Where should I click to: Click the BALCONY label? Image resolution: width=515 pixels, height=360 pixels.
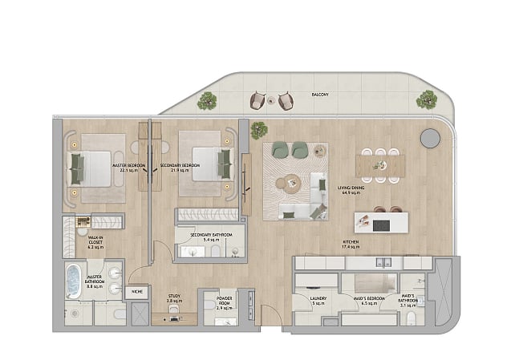tap(322, 95)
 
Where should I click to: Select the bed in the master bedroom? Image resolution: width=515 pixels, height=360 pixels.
tap(90, 166)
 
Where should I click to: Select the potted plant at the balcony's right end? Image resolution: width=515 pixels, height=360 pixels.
tap(426, 100)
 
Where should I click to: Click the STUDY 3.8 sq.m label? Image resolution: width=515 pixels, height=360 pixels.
tap(172, 297)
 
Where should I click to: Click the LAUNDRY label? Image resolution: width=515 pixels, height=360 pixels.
tap(318, 302)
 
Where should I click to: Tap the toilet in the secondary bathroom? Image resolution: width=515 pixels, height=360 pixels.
tap(217, 253)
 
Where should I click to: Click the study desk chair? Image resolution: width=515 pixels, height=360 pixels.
tap(173, 319)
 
